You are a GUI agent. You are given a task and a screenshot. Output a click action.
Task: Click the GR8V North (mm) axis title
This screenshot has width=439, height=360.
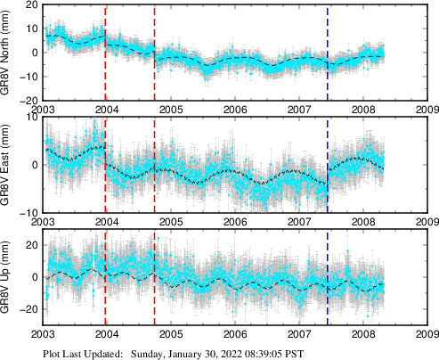[6, 53]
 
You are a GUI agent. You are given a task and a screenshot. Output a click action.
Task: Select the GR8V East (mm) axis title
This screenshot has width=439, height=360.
[6, 165]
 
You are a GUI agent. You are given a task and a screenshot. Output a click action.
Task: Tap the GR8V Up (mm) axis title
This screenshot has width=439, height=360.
[6, 277]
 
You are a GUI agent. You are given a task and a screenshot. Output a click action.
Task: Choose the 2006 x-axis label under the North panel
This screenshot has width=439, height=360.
[235, 110]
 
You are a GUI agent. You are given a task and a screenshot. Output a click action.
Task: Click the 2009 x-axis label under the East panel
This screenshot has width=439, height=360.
[427, 222]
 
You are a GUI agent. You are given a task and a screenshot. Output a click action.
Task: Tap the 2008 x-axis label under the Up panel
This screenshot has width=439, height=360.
[362, 334]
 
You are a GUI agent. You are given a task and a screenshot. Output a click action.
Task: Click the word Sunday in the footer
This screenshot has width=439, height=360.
[149, 353]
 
